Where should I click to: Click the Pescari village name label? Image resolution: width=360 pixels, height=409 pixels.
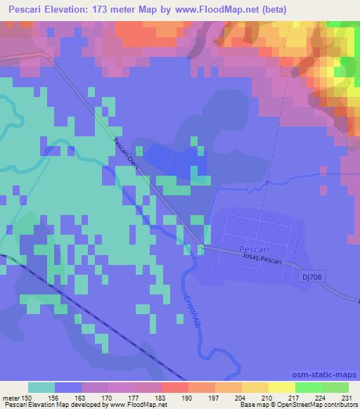coord(255,250)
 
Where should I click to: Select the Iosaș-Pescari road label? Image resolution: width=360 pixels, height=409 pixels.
coord(261,260)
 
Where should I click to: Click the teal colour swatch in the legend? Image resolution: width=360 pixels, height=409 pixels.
coord(41,387)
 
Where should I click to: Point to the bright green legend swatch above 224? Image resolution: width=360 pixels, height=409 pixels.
coord(308,387)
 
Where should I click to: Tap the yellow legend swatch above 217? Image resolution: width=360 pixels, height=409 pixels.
coord(281,387)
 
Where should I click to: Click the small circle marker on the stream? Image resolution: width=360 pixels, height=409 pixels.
coord(268,183)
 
